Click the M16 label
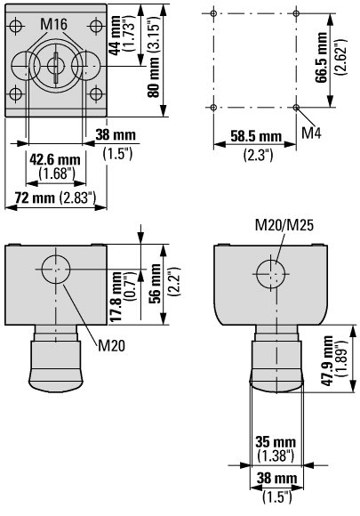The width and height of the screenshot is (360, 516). coord(54,24)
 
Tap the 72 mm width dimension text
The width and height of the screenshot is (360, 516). coord(35,198)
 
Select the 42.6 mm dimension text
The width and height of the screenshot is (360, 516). coord(55,160)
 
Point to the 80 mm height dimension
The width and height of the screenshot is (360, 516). coord(153,78)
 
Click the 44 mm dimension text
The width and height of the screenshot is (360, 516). coord(115,36)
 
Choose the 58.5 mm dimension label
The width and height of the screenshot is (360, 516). coord(256,136)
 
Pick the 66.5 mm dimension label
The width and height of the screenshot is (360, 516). coord(321,58)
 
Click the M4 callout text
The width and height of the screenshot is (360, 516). coord(311,133)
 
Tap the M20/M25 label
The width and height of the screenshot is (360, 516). coord(284,225)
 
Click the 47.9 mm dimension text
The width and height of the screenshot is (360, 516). coord(327,361)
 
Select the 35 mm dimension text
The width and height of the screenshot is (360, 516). coord(276,442)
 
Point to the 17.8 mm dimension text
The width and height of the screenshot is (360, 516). coord(116,297)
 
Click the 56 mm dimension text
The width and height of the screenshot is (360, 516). coord(155,283)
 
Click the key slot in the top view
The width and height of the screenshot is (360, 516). coord(57,68)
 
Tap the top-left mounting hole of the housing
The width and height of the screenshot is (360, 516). coord(15,26)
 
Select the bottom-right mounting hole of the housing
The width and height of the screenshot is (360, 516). coord(96,94)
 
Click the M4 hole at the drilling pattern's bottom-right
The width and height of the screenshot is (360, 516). coord(296,108)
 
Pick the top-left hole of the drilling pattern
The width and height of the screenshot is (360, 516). coord(213,13)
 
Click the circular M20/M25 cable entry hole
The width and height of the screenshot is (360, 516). coord(270,274)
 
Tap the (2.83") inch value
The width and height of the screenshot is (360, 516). coord(77,198)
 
